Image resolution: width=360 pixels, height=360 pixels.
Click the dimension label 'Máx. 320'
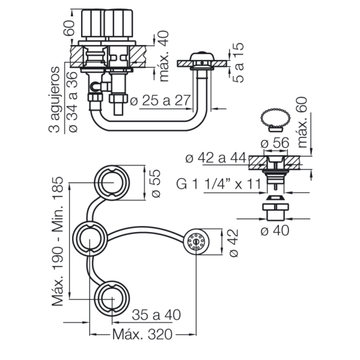click(x=142, y=334)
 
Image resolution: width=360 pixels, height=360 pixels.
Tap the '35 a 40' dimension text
click(x=157, y=315)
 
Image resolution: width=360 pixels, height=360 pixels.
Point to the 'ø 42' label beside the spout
click(x=234, y=243)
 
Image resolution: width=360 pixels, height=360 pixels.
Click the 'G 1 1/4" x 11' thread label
click(x=219, y=184)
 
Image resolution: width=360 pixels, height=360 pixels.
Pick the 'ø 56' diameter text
click(x=275, y=143)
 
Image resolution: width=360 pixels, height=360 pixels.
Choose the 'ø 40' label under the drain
click(x=275, y=230)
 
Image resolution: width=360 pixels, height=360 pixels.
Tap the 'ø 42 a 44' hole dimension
click(x=215, y=158)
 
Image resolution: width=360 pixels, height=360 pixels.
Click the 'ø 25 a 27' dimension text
click(x=160, y=100)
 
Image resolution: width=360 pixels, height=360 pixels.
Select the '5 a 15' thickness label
click(x=238, y=62)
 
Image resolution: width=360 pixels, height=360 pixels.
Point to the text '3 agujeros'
click(x=55, y=100)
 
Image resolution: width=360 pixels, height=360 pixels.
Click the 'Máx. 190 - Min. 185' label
click(x=58, y=241)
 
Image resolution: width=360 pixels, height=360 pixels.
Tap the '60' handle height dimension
click(x=70, y=28)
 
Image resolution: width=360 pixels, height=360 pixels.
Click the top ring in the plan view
click(x=112, y=166)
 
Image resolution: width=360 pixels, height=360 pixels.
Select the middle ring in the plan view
click(x=90, y=222)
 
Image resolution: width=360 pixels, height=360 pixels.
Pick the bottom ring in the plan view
click(x=112, y=281)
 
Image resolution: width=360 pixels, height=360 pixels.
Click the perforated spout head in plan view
click(x=197, y=242)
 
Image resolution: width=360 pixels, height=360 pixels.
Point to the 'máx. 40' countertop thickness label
click(x=164, y=56)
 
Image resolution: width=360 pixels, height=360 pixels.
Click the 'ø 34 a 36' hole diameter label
click(x=73, y=102)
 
